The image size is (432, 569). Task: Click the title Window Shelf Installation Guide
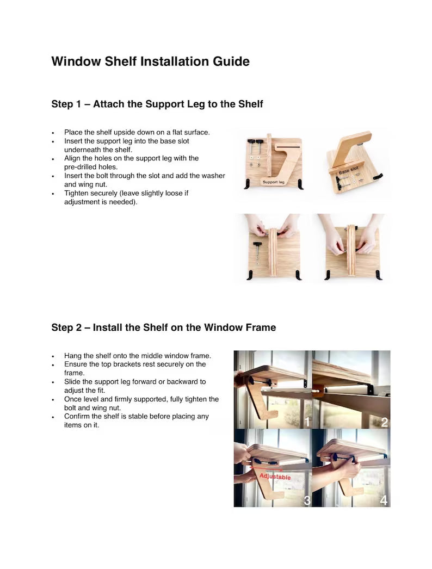[150, 61]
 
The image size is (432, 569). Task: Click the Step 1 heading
[157, 104]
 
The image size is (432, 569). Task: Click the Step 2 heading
[163, 327]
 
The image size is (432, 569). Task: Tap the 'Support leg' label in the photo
[273, 182]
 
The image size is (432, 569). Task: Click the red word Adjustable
[275, 477]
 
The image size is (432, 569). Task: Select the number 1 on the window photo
[306, 422]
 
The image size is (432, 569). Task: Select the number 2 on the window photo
[384, 422]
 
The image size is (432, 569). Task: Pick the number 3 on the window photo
[306, 500]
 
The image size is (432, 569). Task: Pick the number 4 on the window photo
[384, 500]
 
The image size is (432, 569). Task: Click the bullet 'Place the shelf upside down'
[137, 132]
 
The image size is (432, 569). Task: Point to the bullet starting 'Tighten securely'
[127, 197]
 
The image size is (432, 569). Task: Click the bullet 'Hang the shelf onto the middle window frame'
[137, 355]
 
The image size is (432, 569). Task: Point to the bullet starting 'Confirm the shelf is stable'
[136, 420]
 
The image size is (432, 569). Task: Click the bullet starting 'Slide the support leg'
[135, 386]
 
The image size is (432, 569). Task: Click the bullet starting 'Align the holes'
[131, 163]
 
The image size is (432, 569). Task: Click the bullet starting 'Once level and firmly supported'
[141, 403]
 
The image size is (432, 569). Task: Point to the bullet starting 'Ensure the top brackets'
[135, 368]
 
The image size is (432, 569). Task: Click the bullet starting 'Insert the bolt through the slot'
[144, 180]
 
